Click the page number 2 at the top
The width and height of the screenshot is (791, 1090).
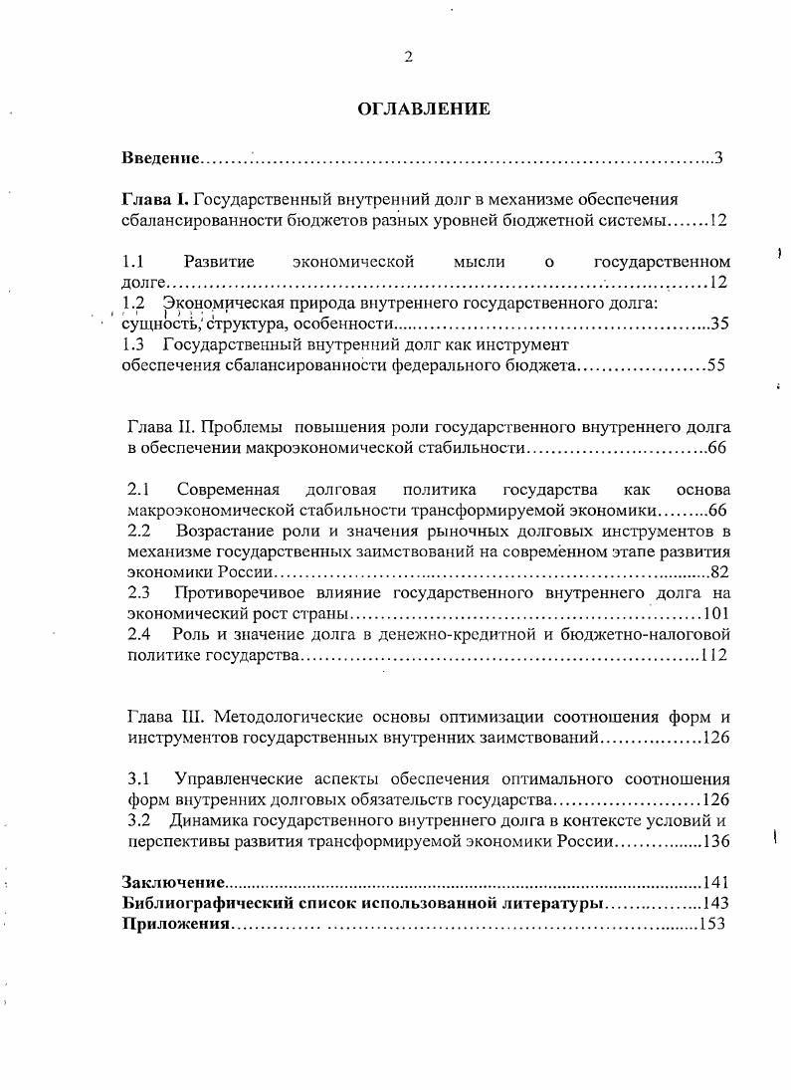(408, 57)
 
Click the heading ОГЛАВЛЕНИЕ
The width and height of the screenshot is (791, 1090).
(424, 109)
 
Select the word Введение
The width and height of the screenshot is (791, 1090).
(159, 158)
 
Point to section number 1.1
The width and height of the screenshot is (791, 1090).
(133, 262)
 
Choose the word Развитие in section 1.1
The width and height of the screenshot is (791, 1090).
(219, 262)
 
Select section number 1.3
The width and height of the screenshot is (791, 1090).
(133, 344)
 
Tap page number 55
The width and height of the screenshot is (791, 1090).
(716, 365)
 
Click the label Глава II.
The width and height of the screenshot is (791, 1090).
(161, 427)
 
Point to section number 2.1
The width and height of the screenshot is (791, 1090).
(139, 490)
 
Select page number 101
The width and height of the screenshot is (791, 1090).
(716, 613)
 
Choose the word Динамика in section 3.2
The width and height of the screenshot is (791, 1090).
(210, 820)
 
